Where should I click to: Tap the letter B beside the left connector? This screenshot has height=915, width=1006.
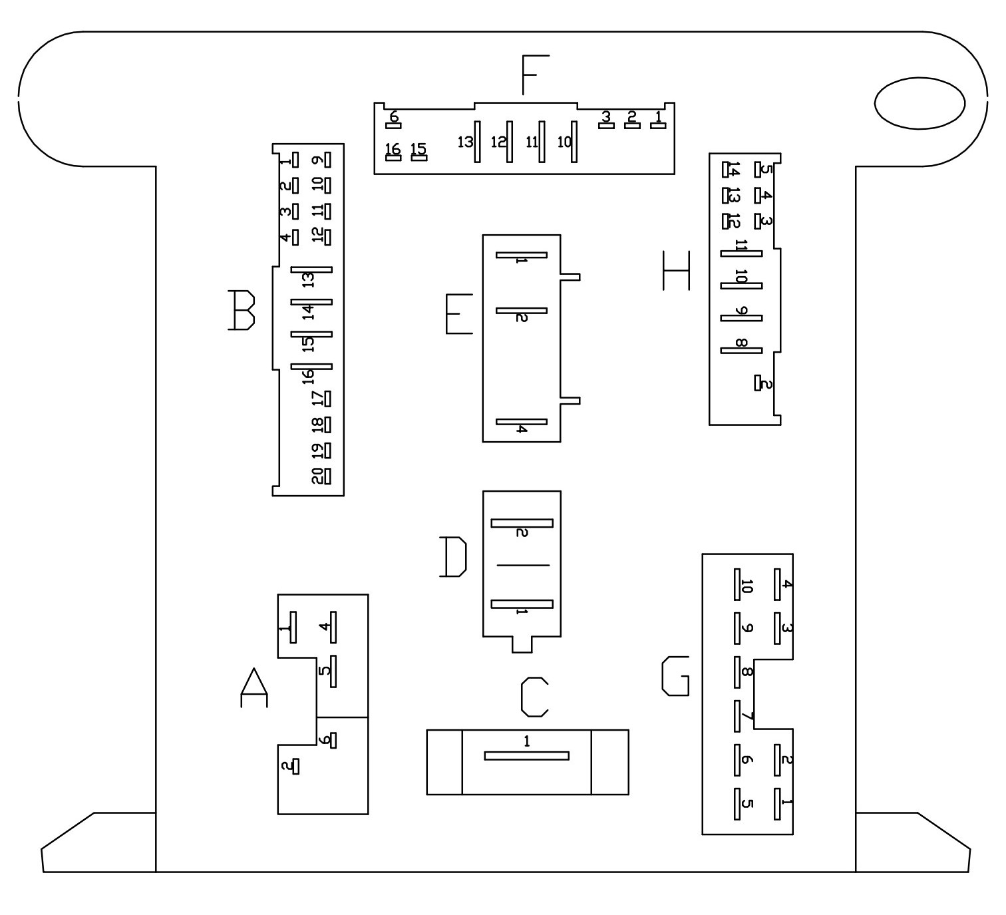(x=242, y=310)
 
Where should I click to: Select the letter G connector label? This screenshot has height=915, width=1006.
(x=675, y=676)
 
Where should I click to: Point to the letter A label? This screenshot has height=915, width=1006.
(x=253, y=687)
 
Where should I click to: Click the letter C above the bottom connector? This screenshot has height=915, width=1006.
(x=534, y=697)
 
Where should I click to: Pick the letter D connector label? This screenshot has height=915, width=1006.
(x=453, y=557)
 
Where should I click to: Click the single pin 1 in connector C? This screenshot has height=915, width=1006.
(x=526, y=756)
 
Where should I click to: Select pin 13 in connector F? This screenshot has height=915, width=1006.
(x=478, y=142)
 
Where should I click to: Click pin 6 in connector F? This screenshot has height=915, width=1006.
(x=393, y=126)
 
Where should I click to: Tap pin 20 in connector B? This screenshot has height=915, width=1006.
(x=327, y=476)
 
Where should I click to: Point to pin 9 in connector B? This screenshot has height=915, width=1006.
(x=327, y=160)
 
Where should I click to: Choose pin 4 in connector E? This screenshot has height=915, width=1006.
(x=522, y=422)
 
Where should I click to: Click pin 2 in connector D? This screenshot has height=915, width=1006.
(x=522, y=523)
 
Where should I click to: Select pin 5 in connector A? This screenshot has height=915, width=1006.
(x=333, y=671)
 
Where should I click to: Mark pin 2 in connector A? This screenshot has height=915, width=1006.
(x=296, y=767)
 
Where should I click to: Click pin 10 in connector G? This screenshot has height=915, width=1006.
(x=737, y=584)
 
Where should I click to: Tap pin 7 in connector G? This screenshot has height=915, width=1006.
(x=737, y=716)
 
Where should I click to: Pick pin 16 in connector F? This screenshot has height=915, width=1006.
(x=393, y=158)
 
